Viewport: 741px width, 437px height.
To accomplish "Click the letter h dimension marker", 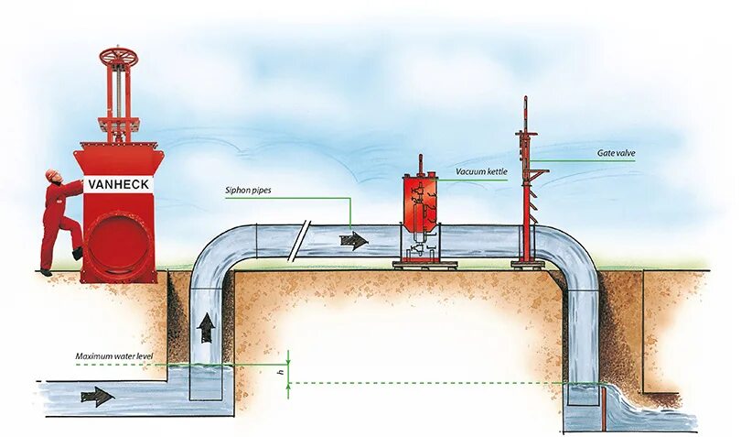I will [x=280, y=372].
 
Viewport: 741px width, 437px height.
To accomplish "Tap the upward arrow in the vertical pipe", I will [x=208, y=327].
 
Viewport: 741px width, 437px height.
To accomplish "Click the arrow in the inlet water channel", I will [x=97, y=397].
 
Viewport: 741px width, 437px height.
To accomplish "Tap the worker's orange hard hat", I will [x=49, y=174].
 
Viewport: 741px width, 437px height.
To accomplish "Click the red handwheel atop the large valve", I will [x=120, y=56].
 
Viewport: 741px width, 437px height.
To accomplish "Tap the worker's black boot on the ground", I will [x=45, y=271].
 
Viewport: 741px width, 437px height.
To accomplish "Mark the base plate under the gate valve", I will [x=528, y=264].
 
